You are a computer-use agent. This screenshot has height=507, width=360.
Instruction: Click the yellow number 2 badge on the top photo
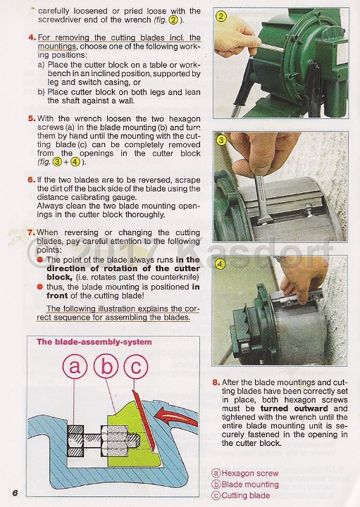click(x=221, y=16)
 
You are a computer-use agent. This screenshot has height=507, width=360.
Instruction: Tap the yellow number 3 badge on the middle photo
click(x=221, y=140)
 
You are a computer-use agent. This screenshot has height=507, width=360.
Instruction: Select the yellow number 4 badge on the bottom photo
click(x=221, y=265)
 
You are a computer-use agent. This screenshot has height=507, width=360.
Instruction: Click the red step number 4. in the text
click(x=32, y=37)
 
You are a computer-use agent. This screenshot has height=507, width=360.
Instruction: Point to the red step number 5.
click(x=32, y=119)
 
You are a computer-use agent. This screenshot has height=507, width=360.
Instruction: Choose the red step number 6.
click(x=32, y=180)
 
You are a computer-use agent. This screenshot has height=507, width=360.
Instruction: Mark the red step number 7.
click(x=32, y=232)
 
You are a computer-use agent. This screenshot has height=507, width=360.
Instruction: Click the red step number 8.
click(x=216, y=382)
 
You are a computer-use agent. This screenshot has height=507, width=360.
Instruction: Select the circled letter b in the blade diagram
click(x=107, y=366)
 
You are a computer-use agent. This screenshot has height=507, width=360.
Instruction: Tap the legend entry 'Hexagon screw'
click(x=249, y=474)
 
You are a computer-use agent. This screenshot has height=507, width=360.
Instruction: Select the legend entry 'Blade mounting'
click(x=249, y=484)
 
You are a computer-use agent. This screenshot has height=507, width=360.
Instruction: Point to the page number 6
click(x=13, y=492)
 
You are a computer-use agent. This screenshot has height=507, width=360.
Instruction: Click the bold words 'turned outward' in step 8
click(x=285, y=408)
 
